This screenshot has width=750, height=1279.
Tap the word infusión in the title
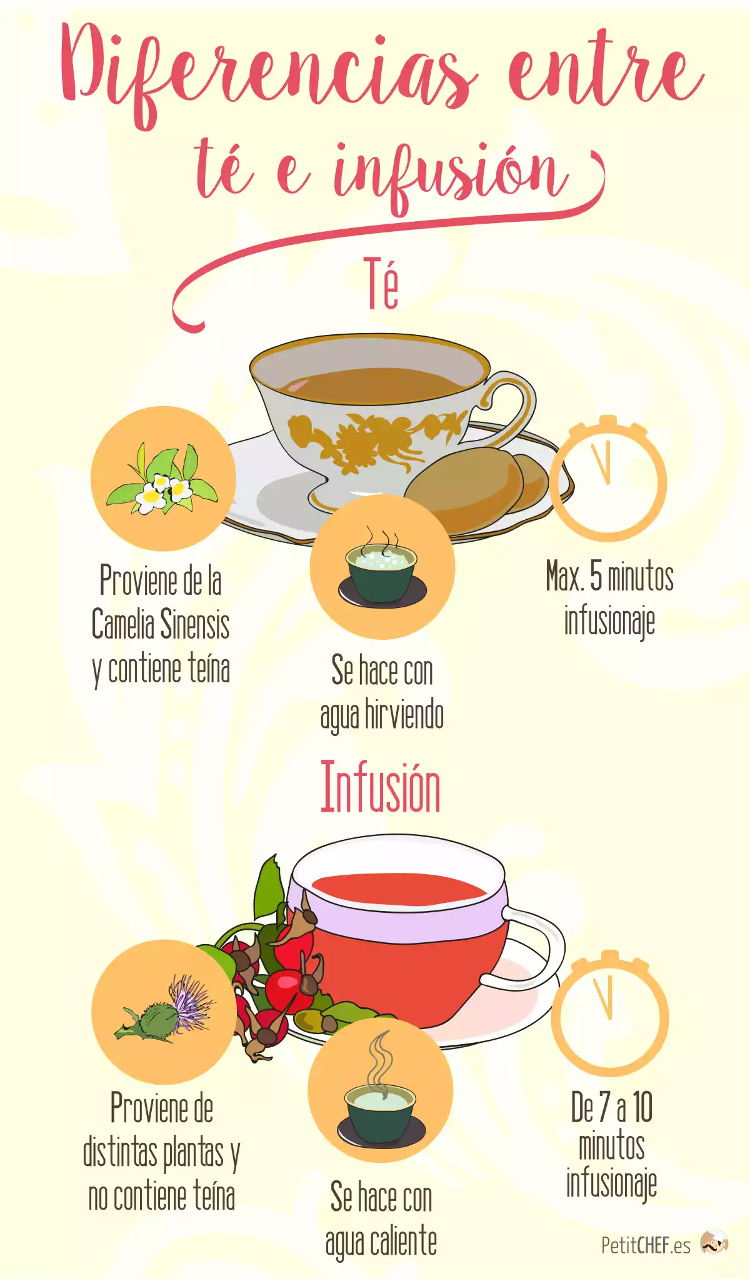(450, 175)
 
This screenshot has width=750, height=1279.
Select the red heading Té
(381, 284)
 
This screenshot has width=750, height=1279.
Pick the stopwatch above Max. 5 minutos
(608, 479)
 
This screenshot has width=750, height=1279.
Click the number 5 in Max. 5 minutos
(596, 576)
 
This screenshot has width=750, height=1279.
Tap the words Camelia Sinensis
(161, 624)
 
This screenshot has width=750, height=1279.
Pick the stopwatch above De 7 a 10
(610, 1012)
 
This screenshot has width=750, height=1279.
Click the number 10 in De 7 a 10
(642, 1107)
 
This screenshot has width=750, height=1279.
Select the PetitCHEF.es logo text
(646, 1245)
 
